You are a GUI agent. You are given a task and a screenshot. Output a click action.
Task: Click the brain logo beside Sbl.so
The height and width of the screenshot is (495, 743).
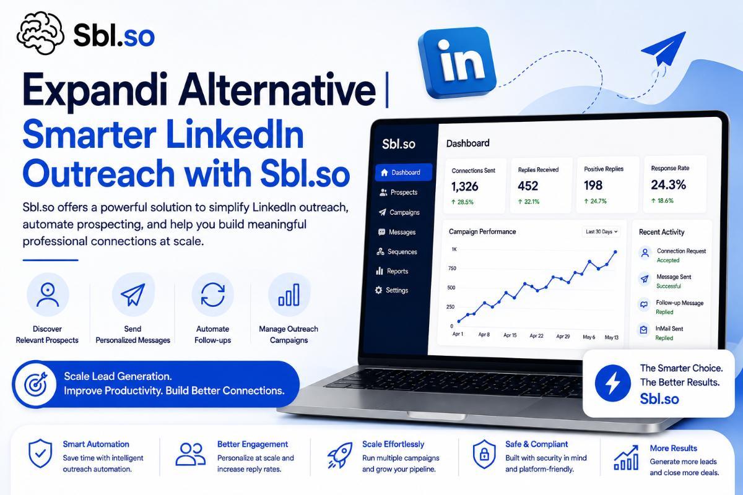click(x=40, y=33)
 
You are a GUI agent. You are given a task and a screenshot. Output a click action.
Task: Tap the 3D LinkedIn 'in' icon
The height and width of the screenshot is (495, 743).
click(x=458, y=63)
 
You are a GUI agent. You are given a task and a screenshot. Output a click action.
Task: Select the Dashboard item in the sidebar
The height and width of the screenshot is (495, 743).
click(x=403, y=173)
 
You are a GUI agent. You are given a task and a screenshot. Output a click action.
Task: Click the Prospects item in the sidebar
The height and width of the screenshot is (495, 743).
click(x=398, y=192)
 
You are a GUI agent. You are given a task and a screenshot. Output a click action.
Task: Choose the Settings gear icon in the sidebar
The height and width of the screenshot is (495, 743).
click(x=378, y=290)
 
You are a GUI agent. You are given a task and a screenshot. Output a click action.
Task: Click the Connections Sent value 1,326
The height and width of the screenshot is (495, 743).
click(x=464, y=186)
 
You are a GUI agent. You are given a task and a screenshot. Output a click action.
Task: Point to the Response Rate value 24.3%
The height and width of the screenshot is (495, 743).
click(x=668, y=184)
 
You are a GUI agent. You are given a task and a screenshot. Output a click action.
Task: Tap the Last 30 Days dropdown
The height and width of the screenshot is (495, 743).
click(x=601, y=232)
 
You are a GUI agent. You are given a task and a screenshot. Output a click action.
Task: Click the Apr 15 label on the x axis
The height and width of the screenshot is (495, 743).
click(x=510, y=335)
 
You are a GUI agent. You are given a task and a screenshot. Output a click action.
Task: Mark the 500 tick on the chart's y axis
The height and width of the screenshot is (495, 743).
click(x=451, y=288)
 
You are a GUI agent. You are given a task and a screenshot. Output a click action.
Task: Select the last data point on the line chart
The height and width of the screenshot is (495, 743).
click(x=615, y=252)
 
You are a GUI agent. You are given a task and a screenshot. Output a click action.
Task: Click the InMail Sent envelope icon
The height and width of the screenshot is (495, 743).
click(x=643, y=330)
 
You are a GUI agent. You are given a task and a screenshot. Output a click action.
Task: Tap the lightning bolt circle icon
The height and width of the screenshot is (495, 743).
click(x=612, y=383)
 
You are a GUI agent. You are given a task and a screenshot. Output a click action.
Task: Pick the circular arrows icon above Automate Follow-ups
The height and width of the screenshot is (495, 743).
click(x=212, y=295)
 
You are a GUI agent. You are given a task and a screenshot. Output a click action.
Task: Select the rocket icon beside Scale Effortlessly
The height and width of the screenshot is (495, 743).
click(x=340, y=455)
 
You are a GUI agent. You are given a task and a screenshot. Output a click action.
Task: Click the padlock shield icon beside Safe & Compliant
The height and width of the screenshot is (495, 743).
click(x=484, y=454)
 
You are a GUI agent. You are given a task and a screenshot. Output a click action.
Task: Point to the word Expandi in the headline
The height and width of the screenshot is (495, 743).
click(x=95, y=91)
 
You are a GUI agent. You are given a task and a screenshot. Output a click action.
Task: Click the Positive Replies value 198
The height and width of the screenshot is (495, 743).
click(x=593, y=186)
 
